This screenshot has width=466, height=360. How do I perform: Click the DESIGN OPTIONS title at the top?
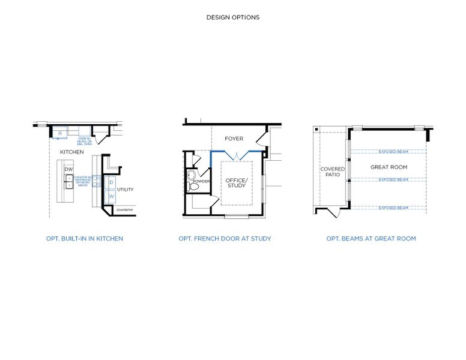click(233, 17)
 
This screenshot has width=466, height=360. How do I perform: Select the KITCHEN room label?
click(72, 152)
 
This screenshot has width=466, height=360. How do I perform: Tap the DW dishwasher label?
click(68, 169)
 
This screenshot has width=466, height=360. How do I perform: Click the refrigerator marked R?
click(60, 133)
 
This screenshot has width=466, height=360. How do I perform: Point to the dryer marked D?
click(112, 182)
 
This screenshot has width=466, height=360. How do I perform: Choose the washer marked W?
click(112, 196)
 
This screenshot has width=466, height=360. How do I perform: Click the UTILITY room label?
click(125, 190)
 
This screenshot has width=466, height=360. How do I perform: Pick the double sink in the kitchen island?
click(69, 182)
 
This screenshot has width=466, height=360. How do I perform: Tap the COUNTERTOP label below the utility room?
click(124, 210)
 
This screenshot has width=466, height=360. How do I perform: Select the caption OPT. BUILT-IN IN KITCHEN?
click(85, 239)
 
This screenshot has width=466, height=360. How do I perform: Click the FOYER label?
click(234, 139)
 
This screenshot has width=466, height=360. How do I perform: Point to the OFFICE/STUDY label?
click(236, 183)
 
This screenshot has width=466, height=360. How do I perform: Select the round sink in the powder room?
click(191, 175)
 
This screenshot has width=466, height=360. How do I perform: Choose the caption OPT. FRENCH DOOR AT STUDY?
click(225, 239)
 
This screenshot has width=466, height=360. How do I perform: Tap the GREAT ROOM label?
click(389, 167)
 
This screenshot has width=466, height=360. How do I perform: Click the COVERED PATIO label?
click(332, 172)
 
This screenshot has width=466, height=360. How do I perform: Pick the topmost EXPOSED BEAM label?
click(393, 151)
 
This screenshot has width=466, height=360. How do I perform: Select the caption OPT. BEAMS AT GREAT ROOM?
click(371, 239)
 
